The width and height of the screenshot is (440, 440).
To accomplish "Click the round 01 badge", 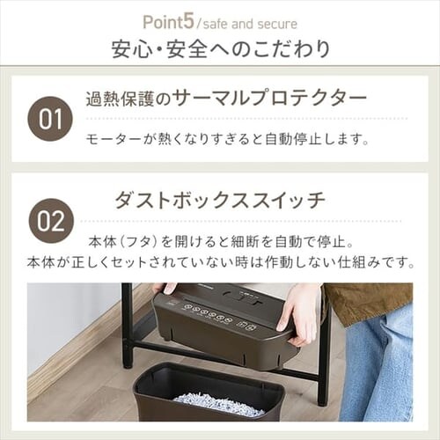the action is [x=50, y=119].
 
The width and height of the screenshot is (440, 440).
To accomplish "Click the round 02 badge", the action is [x=50, y=221].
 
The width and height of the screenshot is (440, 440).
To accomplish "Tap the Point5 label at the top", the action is [x=169, y=22].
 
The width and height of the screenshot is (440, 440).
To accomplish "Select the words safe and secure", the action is [x=250, y=24].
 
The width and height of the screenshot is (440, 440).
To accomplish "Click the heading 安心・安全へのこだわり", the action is [x=221, y=48].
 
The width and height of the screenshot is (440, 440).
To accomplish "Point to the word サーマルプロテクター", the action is [x=269, y=98].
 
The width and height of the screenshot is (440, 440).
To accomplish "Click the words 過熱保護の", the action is [x=128, y=99].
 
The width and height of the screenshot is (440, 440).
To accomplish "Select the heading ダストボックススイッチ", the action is [x=220, y=200].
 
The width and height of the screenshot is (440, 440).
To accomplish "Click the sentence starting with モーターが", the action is [x=227, y=139].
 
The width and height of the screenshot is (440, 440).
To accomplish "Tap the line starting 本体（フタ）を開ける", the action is [x=221, y=242].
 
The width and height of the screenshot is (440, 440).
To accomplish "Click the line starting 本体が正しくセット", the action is [x=221, y=262].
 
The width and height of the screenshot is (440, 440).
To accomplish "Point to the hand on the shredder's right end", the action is [x=298, y=312].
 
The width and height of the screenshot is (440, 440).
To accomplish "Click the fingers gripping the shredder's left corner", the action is [x=165, y=288].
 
